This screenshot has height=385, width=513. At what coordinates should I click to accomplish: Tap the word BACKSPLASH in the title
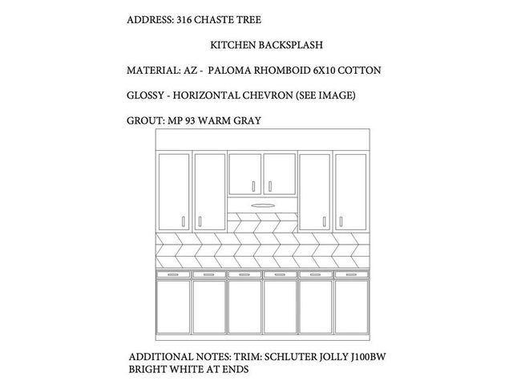tap(277, 46)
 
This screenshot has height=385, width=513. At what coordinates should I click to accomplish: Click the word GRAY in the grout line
tap(246, 121)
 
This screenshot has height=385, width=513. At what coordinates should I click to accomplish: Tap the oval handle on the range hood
tap(261, 205)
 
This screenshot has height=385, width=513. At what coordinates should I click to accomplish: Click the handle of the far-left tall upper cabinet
tap(184, 221)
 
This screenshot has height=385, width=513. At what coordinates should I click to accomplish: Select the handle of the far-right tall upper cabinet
tap(339, 221)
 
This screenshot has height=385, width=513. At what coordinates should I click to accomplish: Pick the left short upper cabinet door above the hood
tap(244, 174)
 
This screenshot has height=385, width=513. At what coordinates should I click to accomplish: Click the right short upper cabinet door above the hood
tap(279, 174)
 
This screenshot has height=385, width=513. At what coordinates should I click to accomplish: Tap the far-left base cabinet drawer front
tap(173, 274)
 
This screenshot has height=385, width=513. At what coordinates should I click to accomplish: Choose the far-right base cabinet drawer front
tap(349, 274)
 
